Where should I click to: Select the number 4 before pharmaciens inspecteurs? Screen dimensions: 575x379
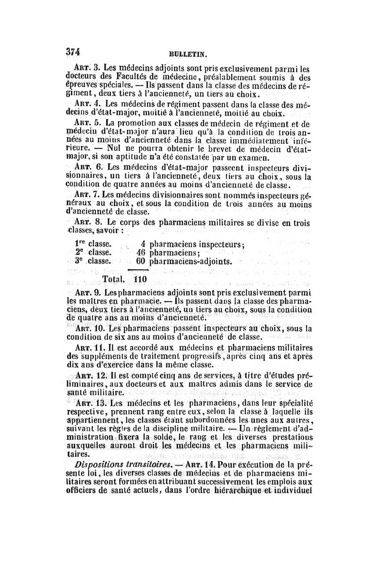pyautogui.click(x=142, y=244)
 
